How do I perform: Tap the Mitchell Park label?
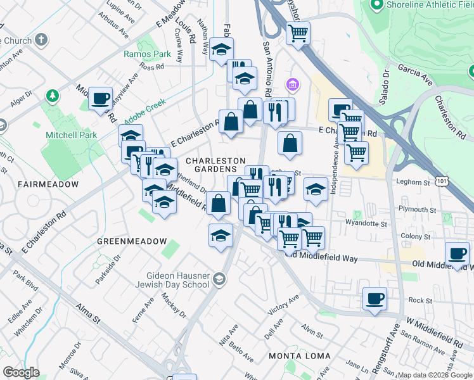tap(72, 135)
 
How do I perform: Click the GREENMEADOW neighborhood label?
tap(132, 242)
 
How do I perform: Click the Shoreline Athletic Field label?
tap(431, 6)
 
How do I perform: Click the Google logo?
tap(21, 372)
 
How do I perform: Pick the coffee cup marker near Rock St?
tap(375, 298)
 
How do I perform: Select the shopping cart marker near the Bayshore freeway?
tap(297, 32)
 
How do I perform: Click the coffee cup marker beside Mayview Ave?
tap(100, 98)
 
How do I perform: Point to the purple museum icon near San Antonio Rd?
tap(292, 84)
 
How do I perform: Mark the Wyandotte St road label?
tap(366, 223)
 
